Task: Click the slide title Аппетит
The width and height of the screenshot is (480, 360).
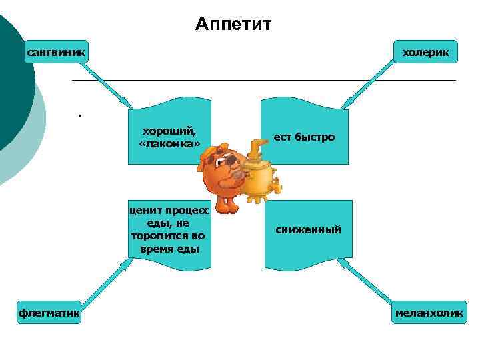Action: click(x=234, y=25)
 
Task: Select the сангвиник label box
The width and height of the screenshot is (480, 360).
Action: click(x=57, y=51)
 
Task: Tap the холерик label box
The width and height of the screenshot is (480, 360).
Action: click(x=425, y=52)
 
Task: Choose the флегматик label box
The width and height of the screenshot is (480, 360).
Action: click(x=49, y=312)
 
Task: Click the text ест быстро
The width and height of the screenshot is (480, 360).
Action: click(x=304, y=137)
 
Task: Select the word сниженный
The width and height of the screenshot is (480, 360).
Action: click(x=309, y=229)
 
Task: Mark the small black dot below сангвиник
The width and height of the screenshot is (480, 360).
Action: click(x=79, y=117)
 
